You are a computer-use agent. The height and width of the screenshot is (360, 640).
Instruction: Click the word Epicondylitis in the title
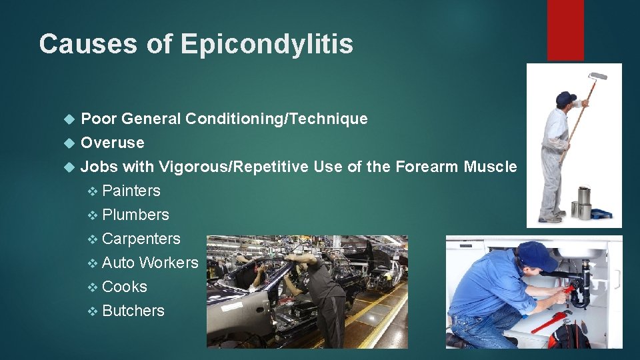click(x=267, y=44)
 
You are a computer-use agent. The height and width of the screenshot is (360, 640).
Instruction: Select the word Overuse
click(x=112, y=143)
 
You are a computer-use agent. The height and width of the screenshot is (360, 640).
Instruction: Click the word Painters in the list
click(x=131, y=191)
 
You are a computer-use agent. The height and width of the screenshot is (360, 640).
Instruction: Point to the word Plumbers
click(x=136, y=215)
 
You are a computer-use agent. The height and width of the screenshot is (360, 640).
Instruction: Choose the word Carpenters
click(x=141, y=239)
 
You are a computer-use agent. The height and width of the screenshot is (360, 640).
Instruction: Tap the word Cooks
click(x=125, y=287)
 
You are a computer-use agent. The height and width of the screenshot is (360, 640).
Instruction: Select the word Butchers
click(x=133, y=311)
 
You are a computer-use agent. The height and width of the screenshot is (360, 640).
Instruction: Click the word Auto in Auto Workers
click(x=119, y=263)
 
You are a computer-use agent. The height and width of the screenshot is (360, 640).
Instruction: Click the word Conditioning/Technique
click(x=277, y=119)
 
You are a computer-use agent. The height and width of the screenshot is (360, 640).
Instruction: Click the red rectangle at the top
click(x=565, y=30)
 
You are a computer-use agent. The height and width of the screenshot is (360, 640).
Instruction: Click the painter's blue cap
click(x=565, y=97)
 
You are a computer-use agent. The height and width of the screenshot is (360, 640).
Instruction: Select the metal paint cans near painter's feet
click(x=582, y=203)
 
